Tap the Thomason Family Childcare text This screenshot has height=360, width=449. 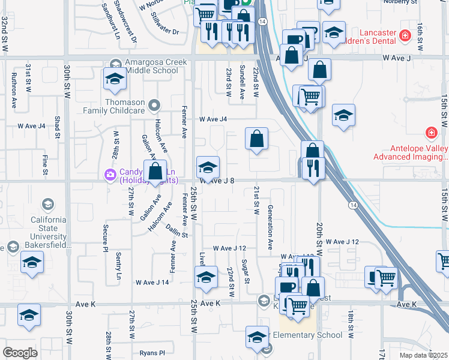(x=125, y=106)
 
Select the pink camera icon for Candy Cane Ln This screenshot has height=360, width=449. (x=110, y=175)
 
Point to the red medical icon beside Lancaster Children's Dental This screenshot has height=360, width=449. (x=406, y=35)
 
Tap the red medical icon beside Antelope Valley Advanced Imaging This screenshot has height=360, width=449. (x=430, y=133)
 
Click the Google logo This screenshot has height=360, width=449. (x=20, y=353)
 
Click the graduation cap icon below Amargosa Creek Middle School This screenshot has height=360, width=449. (x=114, y=78)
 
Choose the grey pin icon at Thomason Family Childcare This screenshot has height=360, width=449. (x=155, y=106)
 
